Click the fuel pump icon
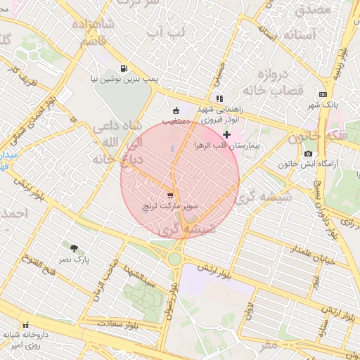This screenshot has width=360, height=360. pos(124,69)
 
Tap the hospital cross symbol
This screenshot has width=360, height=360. pos(226,134)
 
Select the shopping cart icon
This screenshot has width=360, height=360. pos(170,195)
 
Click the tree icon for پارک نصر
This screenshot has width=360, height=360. pos(75,247)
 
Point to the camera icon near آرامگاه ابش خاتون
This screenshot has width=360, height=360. pos(308,153)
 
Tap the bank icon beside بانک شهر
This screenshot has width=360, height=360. pos(323,94)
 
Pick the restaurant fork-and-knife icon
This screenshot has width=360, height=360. pos(219,99)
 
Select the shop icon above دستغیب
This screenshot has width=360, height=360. pos(175,110)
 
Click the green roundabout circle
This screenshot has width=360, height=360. pos(174,259)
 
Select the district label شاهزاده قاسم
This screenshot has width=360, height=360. pos(89,32)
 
